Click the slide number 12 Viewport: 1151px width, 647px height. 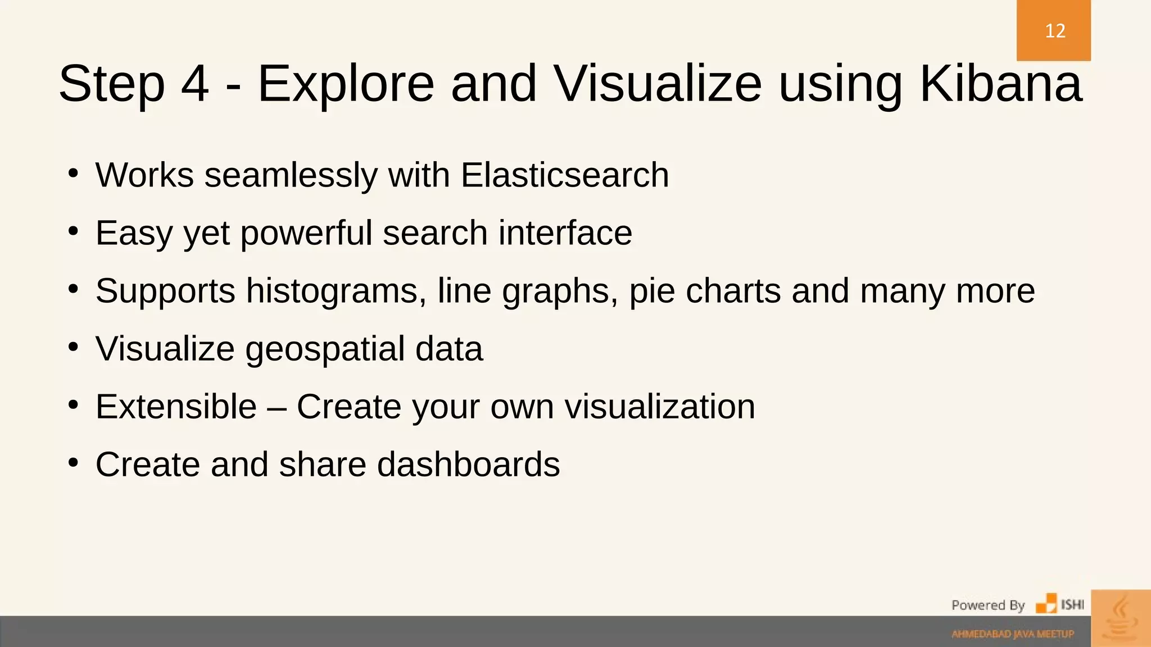[x=1055, y=31]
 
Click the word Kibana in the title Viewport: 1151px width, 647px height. [x=1000, y=84]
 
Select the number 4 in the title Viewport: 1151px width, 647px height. [x=195, y=84]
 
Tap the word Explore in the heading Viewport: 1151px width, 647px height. [x=346, y=84]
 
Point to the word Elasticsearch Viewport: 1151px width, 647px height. [x=565, y=175]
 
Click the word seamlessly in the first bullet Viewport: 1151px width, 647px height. [x=291, y=175]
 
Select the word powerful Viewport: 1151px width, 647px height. [x=306, y=233]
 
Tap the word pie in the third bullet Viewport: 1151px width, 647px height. [x=651, y=292]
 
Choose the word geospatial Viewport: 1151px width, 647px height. [x=324, y=349]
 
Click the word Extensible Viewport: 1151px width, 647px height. [x=176, y=407]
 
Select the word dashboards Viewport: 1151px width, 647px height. [x=468, y=464]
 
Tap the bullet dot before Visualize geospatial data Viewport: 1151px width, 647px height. [x=73, y=347]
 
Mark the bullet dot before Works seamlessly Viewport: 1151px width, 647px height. [x=73, y=174]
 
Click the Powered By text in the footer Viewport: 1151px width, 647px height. [x=987, y=605]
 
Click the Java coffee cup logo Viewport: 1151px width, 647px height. [x=1121, y=618]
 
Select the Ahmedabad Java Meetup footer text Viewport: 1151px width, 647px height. [x=1013, y=634]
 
